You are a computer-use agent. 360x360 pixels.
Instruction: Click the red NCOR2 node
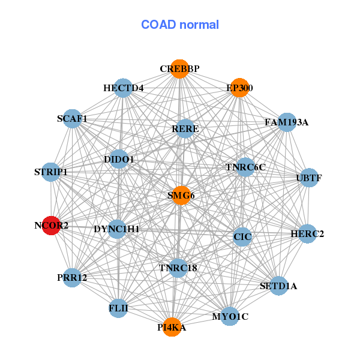[51, 226]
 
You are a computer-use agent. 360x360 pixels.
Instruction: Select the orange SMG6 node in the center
[181, 195]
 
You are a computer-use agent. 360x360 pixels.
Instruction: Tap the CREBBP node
[179, 69]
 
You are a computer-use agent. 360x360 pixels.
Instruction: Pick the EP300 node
[239, 88]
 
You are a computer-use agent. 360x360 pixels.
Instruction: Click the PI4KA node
[172, 327]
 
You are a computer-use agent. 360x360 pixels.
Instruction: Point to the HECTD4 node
[123, 88]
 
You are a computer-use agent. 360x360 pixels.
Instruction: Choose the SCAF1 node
[73, 119]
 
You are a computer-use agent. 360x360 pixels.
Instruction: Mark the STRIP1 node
[51, 172]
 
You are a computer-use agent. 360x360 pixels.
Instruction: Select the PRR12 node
[73, 278]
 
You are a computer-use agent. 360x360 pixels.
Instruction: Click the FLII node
[118, 308]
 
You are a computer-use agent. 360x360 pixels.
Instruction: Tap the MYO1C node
[230, 316]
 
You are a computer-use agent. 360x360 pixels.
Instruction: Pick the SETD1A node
[278, 286]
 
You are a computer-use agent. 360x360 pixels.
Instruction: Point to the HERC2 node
[307, 233]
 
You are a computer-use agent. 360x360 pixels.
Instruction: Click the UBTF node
[308, 178]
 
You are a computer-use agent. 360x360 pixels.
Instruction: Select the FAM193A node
[287, 122]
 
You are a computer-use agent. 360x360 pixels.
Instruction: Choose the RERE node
[185, 128]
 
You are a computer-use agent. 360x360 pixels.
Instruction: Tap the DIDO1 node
[119, 160]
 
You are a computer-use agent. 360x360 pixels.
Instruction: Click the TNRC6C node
[245, 167]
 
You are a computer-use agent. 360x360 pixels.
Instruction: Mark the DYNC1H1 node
[117, 229]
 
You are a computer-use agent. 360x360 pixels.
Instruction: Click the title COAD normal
[180, 25]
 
